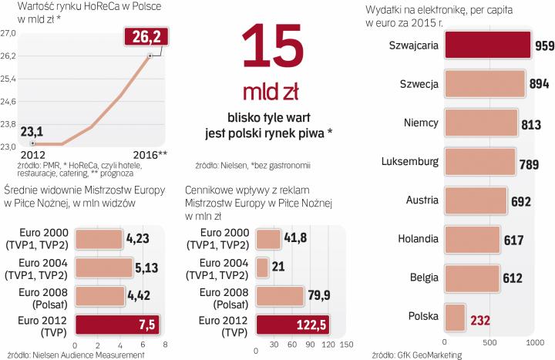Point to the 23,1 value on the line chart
(x=32, y=131)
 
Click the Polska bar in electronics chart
(x=455, y=316)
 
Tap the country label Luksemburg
(x=411, y=162)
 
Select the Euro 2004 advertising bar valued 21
(x=261, y=267)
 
